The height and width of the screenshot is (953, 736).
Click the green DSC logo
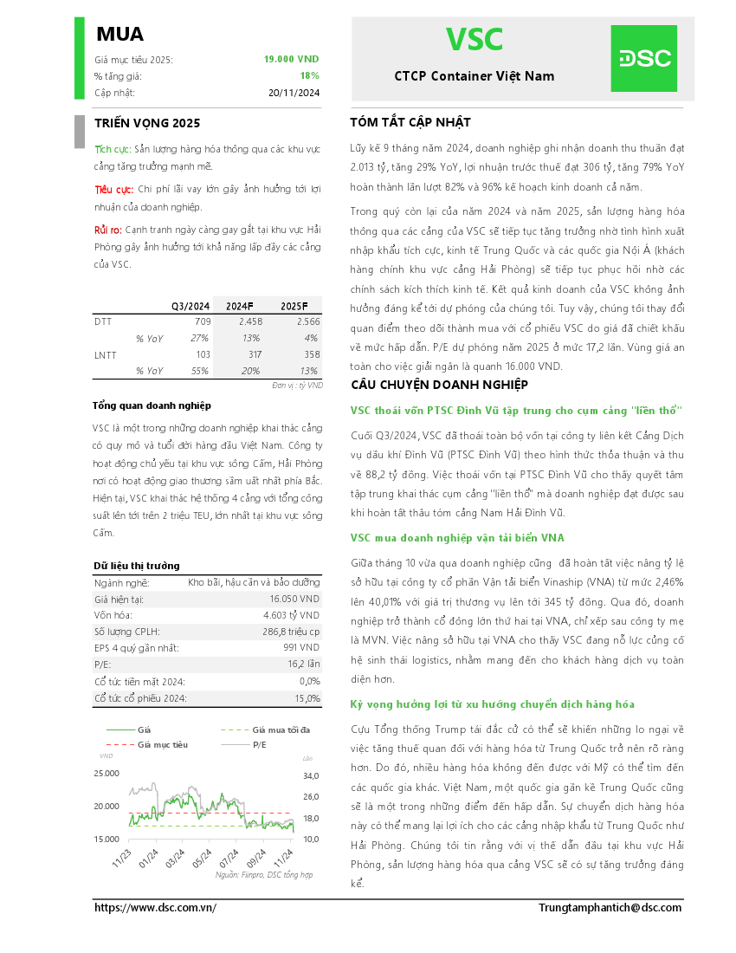click(x=644, y=58)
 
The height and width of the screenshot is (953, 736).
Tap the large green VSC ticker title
click(x=474, y=40)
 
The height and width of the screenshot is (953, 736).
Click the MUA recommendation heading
click(x=119, y=34)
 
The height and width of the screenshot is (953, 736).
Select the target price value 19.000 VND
click(x=291, y=59)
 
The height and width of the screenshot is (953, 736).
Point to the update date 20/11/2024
click(x=294, y=93)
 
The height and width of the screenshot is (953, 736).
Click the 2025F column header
click(x=294, y=306)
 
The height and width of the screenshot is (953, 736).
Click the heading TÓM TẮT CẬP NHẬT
click(x=410, y=122)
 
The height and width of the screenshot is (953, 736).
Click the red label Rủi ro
click(x=107, y=230)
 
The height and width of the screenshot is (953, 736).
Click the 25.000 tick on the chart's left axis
click(x=107, y=773)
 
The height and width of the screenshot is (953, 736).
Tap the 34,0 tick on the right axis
click(x=311, y=775)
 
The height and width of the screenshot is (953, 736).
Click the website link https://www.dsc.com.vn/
click(x=155, y=907)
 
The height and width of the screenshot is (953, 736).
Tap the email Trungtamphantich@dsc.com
click(x=610, y=907)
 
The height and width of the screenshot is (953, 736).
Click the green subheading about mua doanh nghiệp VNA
click(x=457, y=538)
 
